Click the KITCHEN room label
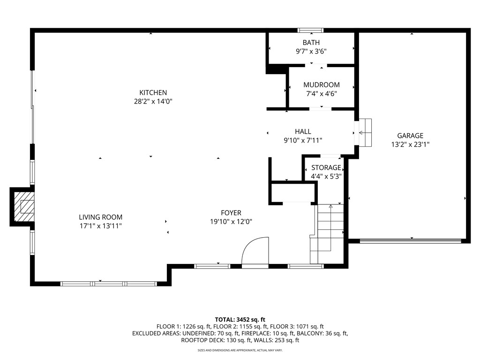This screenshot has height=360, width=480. coord(153,93)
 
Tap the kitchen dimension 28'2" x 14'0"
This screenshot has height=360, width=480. coord(153,101)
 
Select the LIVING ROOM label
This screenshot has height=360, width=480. coord(100,217)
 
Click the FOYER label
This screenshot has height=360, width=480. coord(232,213)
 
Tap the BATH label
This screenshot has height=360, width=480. coord(311,43)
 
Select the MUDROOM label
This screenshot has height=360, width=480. coord(321,85)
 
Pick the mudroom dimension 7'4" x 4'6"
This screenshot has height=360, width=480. coord(321,93)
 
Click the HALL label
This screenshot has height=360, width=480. coord(303,132)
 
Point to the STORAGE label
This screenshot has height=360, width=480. coord(326,167)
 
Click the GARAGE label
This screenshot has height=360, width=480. coord(410,136)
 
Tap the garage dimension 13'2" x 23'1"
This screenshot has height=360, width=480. coord(410,144)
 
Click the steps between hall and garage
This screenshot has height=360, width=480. coord(365,133)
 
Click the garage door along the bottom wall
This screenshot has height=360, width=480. coord(410,241)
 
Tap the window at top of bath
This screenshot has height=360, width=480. coord(311,30)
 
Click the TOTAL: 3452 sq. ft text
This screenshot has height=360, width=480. coord(240,319)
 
